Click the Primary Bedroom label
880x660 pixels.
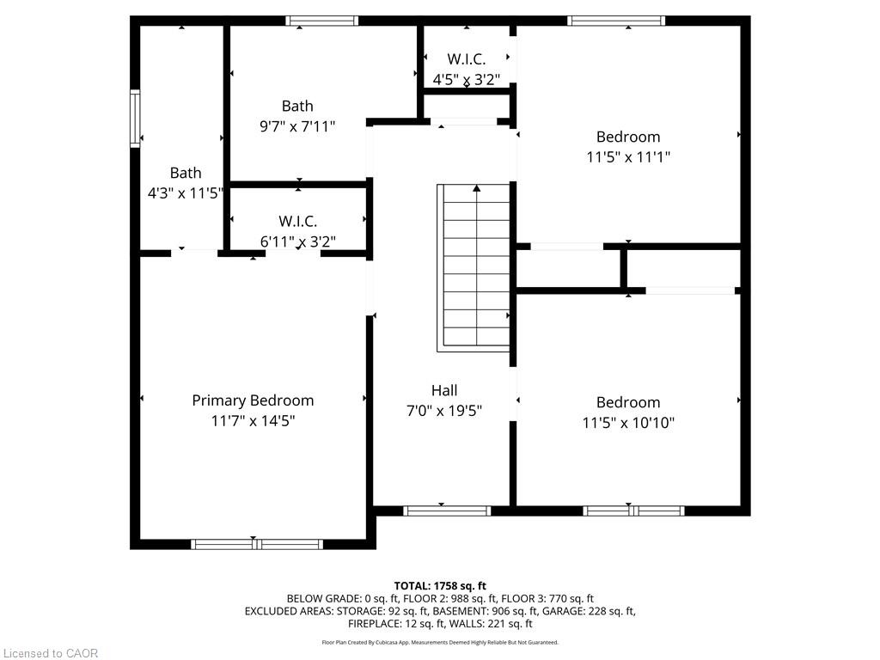point(253,400)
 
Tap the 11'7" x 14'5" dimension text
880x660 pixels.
point(253,421)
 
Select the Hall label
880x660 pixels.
point(444,390)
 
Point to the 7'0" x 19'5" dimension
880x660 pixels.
point(444,411)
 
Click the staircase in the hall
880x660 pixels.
point(475,266)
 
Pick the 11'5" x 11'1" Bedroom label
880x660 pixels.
point(628,137)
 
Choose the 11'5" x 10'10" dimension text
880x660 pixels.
point(628,423)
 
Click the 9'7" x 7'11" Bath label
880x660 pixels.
point(297,107)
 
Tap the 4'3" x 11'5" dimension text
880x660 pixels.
point(185,193)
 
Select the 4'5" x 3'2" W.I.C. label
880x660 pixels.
point(466,59)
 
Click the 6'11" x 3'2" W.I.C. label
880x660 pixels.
point(297,222)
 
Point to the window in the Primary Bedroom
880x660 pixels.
point(256,544)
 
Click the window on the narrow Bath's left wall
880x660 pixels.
point(135,119)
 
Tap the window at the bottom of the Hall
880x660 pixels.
point(447,510)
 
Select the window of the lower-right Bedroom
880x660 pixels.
point(633,510)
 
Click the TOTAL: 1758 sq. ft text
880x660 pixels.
point(440,586)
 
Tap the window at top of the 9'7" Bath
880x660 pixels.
point(322,21)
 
